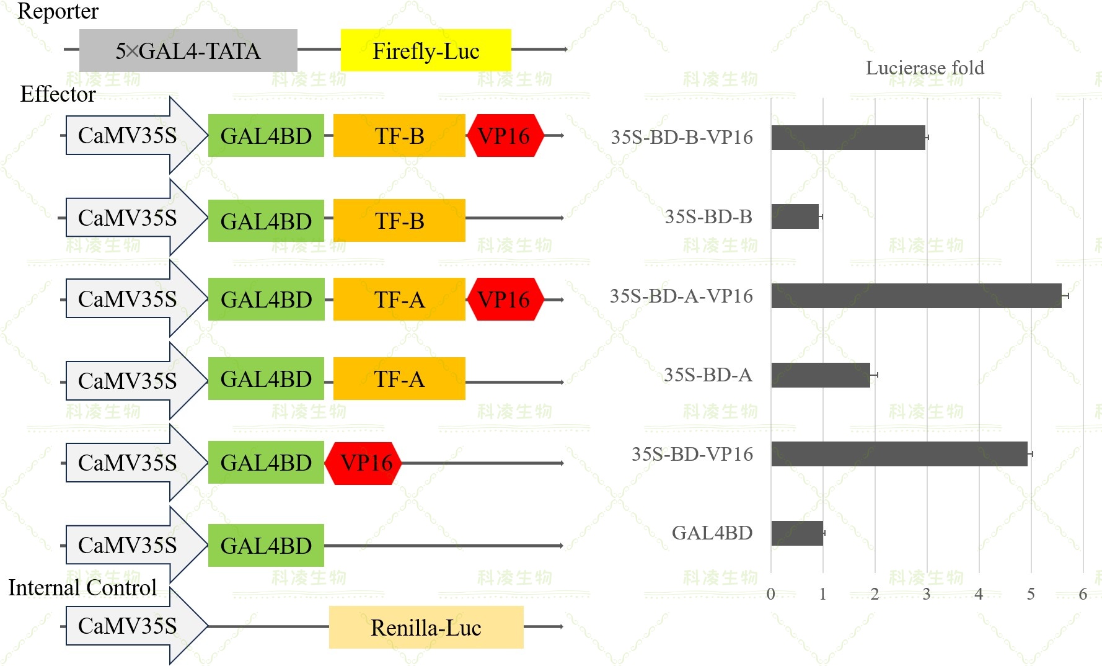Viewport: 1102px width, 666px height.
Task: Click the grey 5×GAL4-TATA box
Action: (188, 51)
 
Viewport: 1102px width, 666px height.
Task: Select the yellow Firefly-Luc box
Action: (426, 51)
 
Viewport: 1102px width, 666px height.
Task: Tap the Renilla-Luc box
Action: (426, 628)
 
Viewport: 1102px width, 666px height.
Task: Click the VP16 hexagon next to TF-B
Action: (505, 136)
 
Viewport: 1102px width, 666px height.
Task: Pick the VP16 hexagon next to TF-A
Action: (505, 300)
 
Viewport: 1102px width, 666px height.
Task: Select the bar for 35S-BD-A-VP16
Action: (916, 296)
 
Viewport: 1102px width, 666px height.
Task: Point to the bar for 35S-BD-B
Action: (795, 216)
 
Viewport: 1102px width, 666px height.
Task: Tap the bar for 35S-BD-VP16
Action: (899, 454)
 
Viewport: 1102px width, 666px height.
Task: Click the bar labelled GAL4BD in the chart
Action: (797, 533)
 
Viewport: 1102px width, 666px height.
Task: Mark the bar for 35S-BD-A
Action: (821, 375)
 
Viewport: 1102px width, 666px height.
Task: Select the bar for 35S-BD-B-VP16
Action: (848, 138)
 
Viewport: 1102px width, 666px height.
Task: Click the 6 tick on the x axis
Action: (1083, 594)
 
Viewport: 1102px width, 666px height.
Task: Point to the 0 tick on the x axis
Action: (770, 594)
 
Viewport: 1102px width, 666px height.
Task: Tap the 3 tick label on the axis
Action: (927, 594)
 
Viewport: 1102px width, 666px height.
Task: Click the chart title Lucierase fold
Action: (925, 68)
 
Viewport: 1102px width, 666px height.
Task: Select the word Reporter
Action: (58, 11)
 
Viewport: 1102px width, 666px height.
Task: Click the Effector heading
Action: (58, 94)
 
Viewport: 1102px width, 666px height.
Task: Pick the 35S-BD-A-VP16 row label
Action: (681, 296)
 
